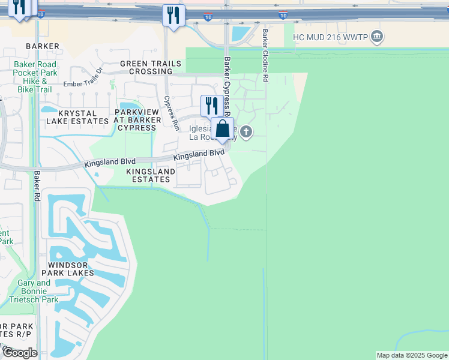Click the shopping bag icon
[x=222, y=129]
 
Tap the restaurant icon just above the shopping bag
[x=211, y=106]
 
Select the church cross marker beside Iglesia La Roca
[x=246, y=131]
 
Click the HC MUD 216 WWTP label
[x=329, y=37]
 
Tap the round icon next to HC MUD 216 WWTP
[x=376, y=37]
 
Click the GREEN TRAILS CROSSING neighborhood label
[x=146, y=67]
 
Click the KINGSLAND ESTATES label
[x=151, y=175]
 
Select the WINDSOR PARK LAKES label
[x=71, y=269]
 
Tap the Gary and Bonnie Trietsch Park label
[x=38, y=291]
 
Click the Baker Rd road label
[x=37, y=186]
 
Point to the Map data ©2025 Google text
[x=412, y=355]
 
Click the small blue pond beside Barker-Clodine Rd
[x=241, y=34]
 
